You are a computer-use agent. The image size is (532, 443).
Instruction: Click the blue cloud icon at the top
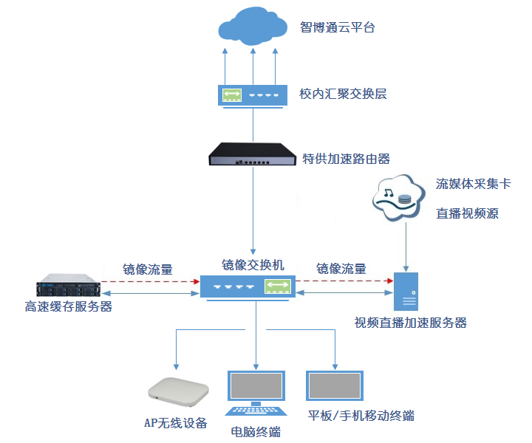point(252,27)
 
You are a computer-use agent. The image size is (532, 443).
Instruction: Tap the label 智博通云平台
point(338,28)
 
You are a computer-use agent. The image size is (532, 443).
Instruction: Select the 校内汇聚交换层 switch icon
point(253,95)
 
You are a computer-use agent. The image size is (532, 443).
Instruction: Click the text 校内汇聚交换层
point(343,94)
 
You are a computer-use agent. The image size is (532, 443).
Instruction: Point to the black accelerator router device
point(253,154)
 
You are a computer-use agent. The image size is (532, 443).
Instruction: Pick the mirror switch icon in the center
point(248,286)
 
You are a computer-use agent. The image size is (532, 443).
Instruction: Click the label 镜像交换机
point(253,264)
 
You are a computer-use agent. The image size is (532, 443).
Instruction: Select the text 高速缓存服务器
point(69,306)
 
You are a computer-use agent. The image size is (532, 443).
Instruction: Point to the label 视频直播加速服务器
point(411,323)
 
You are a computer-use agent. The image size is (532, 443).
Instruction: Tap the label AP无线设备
point(175,423)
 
